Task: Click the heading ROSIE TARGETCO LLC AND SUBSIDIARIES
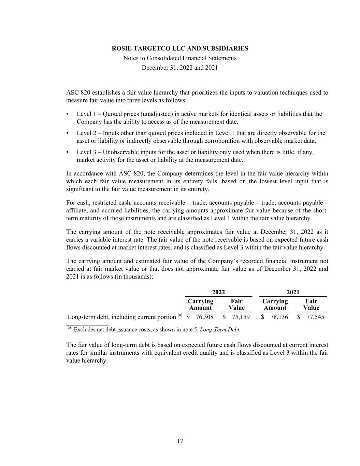pos(180,48)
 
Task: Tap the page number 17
pos(180,441)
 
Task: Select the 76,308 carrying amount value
pos(204,317)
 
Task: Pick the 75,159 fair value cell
pos(241,317)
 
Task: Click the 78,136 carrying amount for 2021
pos(279,317)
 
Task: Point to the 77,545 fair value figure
pos(315,317)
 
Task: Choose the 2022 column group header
pos(218,292)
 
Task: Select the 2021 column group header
pos(293,292)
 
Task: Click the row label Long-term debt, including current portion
pos(122,317)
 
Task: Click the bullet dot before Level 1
pos(68,114)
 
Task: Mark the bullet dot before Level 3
pos(68,152)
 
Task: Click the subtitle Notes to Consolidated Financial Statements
pos(180,58)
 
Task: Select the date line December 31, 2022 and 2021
pos(180,68)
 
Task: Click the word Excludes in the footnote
pos(85,330)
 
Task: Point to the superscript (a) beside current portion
pos(180,315)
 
